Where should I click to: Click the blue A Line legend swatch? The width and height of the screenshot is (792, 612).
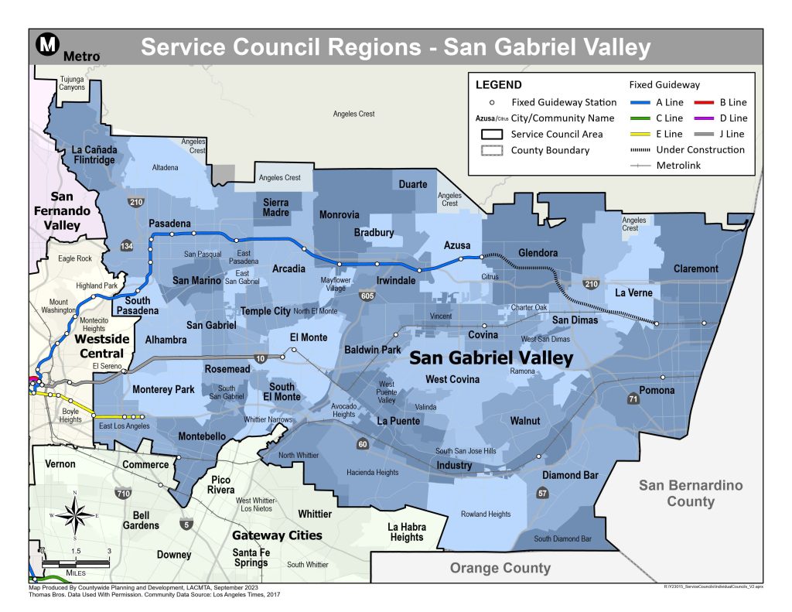(x=639, y=102)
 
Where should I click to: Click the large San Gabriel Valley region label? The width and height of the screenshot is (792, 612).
(x=490, y=357)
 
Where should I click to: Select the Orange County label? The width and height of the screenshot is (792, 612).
(x=500, y=568)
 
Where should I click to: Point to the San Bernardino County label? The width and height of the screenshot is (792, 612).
(x=691, y=493)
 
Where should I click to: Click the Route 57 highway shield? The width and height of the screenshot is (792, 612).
(x=543, y=494)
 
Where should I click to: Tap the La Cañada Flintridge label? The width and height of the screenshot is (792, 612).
(x=92, y=155)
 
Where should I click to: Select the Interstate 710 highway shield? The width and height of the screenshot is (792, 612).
(x=122, y=493)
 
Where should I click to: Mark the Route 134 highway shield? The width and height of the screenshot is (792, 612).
(x=127, y=245)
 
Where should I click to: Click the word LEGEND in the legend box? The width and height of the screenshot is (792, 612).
(x=498, y=85)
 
